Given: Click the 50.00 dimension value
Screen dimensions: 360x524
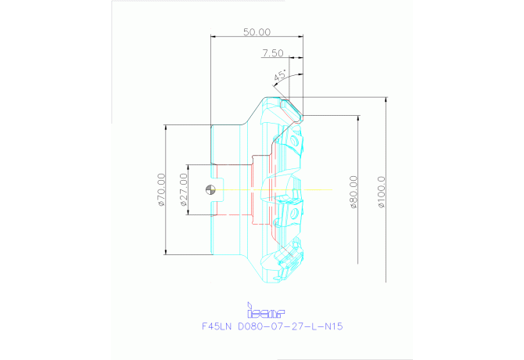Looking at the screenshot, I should [x=257, y=32].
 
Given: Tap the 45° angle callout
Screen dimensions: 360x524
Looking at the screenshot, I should [x=279, y=76].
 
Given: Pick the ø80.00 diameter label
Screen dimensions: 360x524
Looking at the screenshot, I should [x=354, y=192].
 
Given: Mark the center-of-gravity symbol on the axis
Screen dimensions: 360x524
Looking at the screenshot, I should [x=209, y=189].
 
